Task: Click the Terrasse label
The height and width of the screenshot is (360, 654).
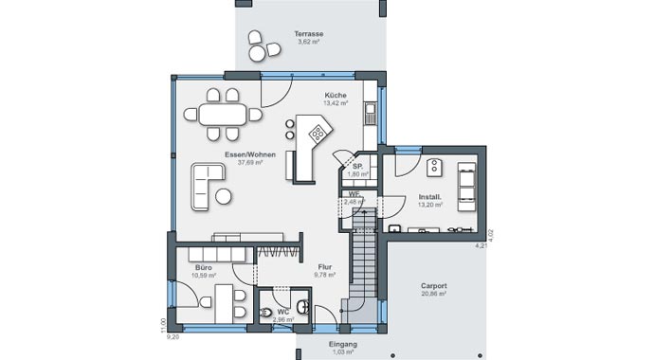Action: [308, 34]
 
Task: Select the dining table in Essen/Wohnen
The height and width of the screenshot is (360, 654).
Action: [224, 114]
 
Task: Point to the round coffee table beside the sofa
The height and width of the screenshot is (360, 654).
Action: [224, 196]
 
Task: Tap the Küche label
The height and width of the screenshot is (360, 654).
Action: [335, 96]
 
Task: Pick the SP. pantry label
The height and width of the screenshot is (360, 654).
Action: [356, 166]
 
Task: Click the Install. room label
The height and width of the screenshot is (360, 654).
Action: [429, 196]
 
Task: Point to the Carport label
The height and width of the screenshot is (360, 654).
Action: [433, 285]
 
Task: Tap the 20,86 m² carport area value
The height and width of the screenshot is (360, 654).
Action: [434, 294]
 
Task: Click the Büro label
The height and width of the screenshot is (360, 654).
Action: [203, 268]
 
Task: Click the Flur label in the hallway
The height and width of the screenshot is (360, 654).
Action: [324, 266]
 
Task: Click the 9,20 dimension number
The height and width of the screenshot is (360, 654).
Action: [173, 336]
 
